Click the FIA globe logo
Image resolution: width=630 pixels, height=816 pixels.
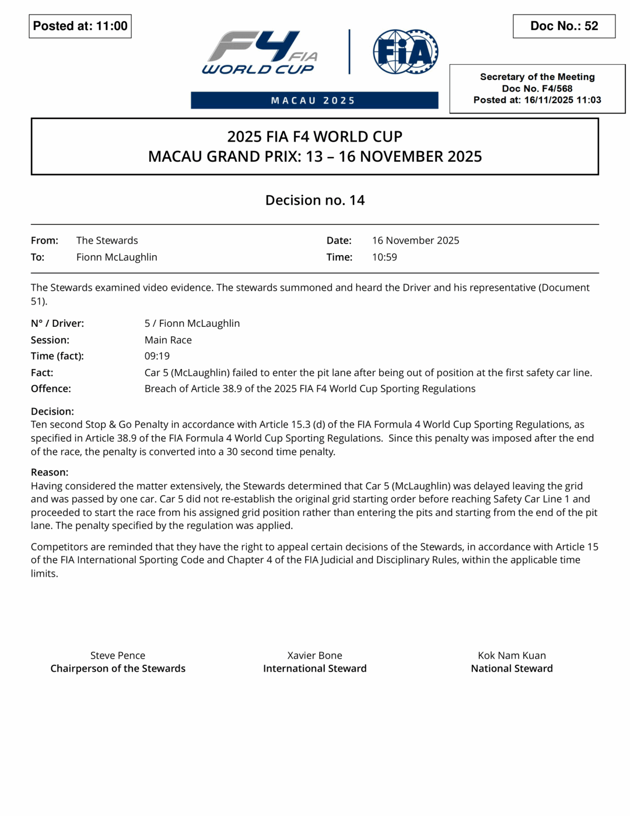pyautogui.click(x=405, y=51)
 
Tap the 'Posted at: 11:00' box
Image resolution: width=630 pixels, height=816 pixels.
pyautogui.click(x=80, y=26)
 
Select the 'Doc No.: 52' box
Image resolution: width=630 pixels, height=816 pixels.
pyautogui.click(x=564, y=26)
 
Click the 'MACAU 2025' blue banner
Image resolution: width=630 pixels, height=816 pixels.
pyautogui.click(x=314, y=100)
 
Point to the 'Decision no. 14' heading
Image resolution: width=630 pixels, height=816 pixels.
pyautogui.click(x=315, y=200)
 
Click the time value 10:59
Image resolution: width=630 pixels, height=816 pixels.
pyautogui.click(x=385, y=257)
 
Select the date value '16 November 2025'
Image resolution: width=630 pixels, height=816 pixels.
pyautogui.click(x=415, y=241)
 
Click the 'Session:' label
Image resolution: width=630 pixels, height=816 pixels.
pyautogui.click(x=50, y=340)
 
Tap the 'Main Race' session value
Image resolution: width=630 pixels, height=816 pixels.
pyautogui.click(x=168, y=340)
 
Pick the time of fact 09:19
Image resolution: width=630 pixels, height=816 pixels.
pyautogui.click(x=157, y=356)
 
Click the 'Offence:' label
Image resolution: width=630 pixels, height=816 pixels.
pyautogui.click(x=51, y=389)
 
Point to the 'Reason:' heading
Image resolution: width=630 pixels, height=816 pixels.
pyautogui.click(x=49, y=472)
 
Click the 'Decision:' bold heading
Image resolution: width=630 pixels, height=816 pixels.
pyautogui.click(x=52, y=411)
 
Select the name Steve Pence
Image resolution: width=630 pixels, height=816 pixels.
pyautogui.click(x=117, y=656)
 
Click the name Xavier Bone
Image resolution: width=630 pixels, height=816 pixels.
pyautogui.click(x=314, y=656)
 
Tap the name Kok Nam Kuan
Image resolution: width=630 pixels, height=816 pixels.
pyautogui.click(x=512, y=656)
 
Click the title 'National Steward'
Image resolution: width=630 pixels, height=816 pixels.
pyautogui.click(x=512, y=669)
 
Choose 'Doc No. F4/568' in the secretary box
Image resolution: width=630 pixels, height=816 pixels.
pyautogui.click(x=537, y=89)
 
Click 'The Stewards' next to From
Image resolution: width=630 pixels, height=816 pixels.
pyautogui.click(x=107, y=241)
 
